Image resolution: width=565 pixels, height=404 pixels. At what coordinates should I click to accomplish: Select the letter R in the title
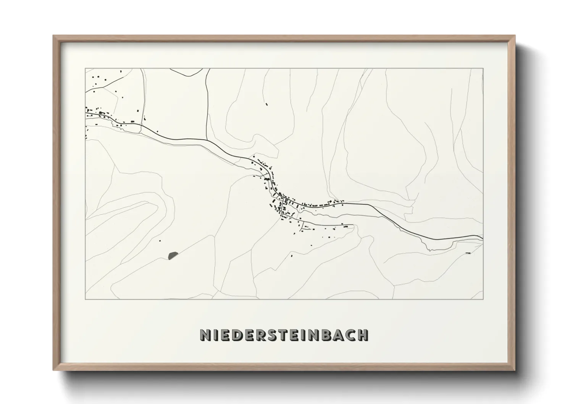pos(261,335)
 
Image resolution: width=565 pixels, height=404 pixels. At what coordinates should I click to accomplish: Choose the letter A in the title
pos(338,335)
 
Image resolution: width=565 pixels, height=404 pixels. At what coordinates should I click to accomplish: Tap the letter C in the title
pos(350,335)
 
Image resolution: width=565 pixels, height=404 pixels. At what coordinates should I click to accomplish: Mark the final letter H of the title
pos(363,335)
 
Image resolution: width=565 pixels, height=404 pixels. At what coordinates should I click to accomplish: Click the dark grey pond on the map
pos(173,255)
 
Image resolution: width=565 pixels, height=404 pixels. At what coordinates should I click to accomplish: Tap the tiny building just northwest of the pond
pos(160,241)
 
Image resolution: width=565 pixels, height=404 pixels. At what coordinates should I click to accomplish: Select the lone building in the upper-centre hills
pos(266,103)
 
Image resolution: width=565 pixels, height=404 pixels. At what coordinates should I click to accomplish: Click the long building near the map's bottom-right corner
pos(468,252)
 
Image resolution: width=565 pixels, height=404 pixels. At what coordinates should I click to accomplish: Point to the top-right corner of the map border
pos(483,69)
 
